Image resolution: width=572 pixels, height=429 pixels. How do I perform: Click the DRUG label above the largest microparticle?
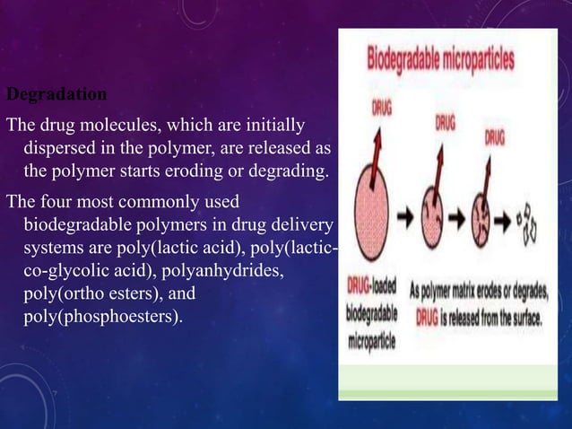pos(382,106)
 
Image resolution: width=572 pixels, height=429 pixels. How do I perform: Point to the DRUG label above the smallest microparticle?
pos(493,139)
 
